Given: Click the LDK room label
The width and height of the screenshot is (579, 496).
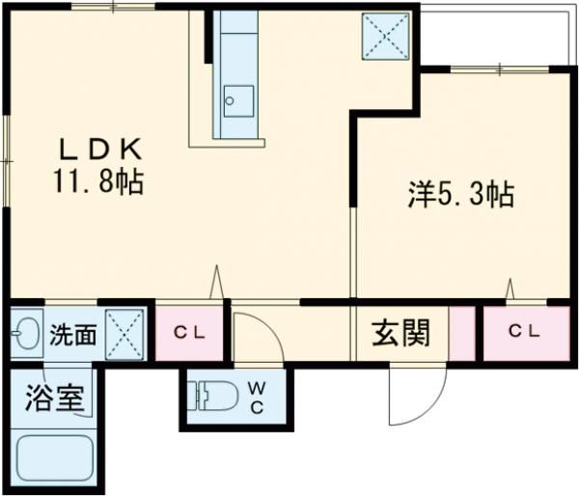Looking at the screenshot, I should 100,150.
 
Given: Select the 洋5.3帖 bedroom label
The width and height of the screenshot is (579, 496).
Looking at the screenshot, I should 458,196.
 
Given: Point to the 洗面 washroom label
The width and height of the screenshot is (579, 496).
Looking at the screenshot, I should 72,335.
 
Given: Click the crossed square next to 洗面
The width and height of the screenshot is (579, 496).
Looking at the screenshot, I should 124,334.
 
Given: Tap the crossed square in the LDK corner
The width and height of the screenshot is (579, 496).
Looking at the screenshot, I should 383,38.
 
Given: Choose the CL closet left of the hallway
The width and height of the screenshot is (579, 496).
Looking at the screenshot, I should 189,333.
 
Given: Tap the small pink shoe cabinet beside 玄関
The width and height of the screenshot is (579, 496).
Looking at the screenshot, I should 463,333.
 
